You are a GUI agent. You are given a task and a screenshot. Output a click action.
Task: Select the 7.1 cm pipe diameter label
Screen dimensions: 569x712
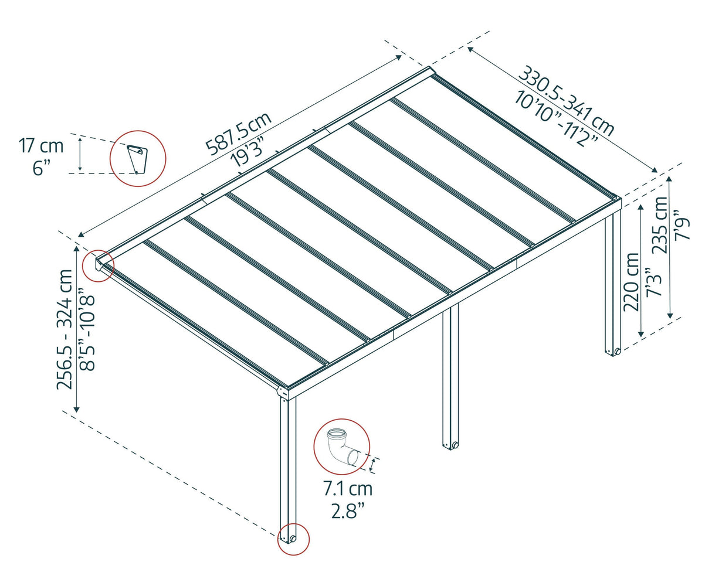point(347,488)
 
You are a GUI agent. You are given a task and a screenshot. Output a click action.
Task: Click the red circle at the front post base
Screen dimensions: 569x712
point(293,539)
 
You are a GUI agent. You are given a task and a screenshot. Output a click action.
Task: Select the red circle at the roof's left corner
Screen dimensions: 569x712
point(98,265)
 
